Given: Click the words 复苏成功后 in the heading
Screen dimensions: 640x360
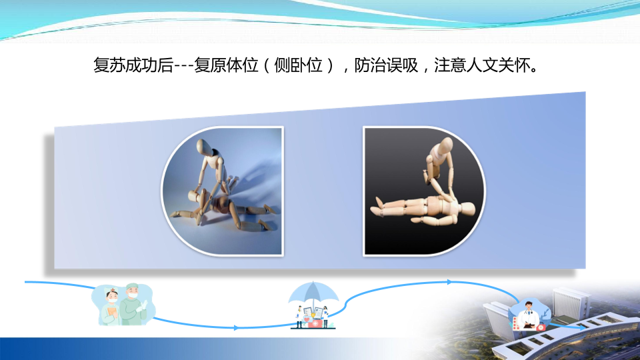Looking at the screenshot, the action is [x=133, y=65].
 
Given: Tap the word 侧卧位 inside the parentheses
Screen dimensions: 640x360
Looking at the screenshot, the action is [x=298, y=65].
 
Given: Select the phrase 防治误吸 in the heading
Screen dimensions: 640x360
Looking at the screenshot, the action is [x=386, y=65].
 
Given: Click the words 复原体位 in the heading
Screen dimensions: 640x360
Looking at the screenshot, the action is [x=226, y=65].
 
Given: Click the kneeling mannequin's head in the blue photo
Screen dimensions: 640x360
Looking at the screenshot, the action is [x=204, y=146].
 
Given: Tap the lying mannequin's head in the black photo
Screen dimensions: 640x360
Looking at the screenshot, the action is [x=466, y=210].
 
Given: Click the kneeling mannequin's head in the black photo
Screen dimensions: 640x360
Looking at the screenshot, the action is [x=444, y=144].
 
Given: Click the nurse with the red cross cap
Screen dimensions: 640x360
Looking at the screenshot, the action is [x=111, y=306].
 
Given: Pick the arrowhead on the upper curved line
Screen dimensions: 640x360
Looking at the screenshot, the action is [x=449, y=282].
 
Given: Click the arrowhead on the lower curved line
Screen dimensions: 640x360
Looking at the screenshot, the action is [x=236, y=327].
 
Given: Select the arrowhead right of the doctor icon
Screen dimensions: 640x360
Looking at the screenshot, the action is [x=582, y=327].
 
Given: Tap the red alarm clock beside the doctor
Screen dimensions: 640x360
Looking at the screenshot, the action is [x=541, y=327].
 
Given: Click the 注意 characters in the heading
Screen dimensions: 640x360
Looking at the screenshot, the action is [x=450, y=65].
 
